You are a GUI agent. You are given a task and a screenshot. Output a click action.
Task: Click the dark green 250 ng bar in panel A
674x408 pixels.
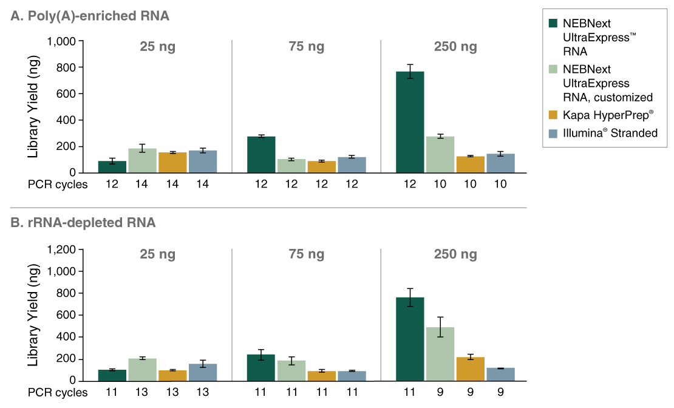pyautogui.click(x=410, y=122)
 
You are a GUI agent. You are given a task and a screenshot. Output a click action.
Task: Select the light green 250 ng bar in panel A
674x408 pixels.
pyautogui.click(x=440, y=154)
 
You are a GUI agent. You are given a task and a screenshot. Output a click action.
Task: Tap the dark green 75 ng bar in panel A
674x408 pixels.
pyautogui.click(x=261, y=154)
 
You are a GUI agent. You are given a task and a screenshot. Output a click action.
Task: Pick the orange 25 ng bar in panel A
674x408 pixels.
pyautogui.click(x=172, y=163)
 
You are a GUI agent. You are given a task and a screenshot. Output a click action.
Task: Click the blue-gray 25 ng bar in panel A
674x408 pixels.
pyautogui.click(x=203, y=161)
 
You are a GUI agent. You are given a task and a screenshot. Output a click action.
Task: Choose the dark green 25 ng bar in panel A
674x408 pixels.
pyautogui.click(x=112, y=167)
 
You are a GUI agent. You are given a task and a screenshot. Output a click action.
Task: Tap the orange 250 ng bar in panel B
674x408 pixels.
pyautogui.click(x=470, y=369)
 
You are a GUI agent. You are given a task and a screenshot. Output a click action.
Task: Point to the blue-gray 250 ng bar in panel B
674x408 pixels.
pyautogui.click(x=500, y=374)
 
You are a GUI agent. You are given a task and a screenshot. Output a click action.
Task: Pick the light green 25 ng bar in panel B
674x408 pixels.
pyautogui.click(x=142, y=370)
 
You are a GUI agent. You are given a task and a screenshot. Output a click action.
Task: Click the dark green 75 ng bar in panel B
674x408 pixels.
pyautogui.click(x=261, y=367)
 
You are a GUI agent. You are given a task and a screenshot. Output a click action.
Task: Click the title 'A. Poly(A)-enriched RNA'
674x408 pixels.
pyautogui.click(x=90, y=16)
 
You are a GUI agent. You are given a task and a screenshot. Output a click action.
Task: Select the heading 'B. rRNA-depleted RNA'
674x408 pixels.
pyautogui.click(x=83, y=223)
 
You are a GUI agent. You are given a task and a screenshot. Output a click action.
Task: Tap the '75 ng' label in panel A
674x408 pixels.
pyautogui.click(x=307, y=47)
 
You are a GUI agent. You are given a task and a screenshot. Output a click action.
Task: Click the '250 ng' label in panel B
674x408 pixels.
pyautogui.click(x=455, y=254)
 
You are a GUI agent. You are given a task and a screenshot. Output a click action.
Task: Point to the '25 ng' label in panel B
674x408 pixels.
pyautogui.click(x=157, y=254)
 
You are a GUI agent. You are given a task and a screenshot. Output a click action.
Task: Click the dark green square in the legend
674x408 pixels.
pyautogui.click(x=553, y=24)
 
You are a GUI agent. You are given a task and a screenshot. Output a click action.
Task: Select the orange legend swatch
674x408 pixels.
pyautogui.click(x=553, y=115)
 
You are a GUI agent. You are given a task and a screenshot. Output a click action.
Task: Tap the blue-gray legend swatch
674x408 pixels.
pyautogui.click(x=553, y=134)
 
